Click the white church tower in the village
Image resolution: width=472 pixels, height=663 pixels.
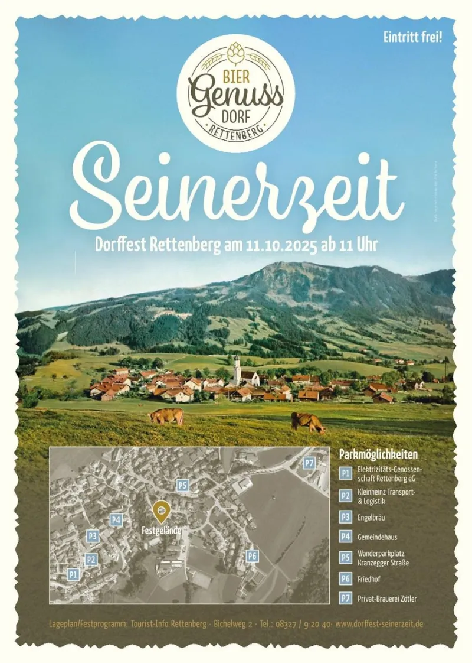click(237, 369)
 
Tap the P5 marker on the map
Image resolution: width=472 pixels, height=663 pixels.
click(183, 485)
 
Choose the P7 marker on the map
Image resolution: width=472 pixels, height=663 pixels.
click(309, 463)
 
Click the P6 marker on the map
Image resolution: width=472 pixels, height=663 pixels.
click(252, 556)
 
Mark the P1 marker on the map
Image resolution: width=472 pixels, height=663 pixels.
click(73, 574)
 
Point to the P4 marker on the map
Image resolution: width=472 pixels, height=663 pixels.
click(116, 520)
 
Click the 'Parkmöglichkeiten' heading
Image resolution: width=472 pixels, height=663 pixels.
click(378, 454)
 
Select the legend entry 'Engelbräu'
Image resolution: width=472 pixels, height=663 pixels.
click(371, 517)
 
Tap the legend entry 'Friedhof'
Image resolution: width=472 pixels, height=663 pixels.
click(369, 580)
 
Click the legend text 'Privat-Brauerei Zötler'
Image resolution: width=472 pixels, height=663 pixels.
click(386, 599)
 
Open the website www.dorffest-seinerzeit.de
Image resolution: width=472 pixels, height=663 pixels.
click(379, 623)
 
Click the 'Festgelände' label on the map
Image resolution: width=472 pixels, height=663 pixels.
click(161, 531)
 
